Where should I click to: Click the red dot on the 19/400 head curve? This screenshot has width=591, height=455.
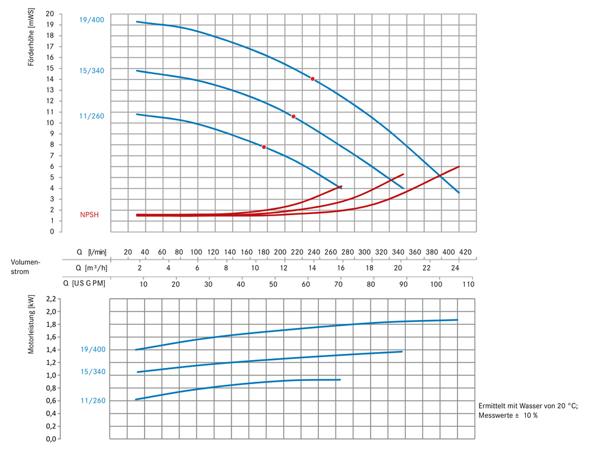pyautogui.click(x=313, y=79)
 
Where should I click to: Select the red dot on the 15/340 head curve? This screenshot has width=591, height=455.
pyautogui.click(x=293, y=117)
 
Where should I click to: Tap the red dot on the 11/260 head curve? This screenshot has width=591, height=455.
pyautogui.click(x=264, y=147)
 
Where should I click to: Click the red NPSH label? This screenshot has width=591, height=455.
pyautogui.click(x=89, y=215)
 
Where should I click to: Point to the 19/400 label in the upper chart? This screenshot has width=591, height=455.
pyautogui.click(x=92, y=20)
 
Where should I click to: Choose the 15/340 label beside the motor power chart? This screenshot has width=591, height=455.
pyautogui.click(x=93, y=372)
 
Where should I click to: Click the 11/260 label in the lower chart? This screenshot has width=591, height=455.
pyautogui.click(x=93, y=401)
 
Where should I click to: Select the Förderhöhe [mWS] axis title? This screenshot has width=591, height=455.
pyautogui.click(x=31, y=37)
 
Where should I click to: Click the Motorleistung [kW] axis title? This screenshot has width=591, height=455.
pyautogui.click(x=31, y=324)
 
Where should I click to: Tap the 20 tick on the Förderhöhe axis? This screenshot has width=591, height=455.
pyautogui.click(x=50, y=14)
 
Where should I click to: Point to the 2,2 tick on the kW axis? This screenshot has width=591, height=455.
pyautogui.click(x=51, y=299)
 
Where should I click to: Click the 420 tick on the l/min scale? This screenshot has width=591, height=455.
pyautogui.click(x=465, y=252)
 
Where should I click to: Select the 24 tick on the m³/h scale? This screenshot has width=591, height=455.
pyautogui.click(x=456, y=268)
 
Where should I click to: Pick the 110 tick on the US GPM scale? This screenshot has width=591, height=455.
pyautogui.click(x=468, y=284)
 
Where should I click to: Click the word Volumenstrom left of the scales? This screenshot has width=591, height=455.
pyautogui.click(x=25, y=266)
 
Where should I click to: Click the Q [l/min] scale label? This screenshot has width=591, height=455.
pyautogui.click(x=92, y=252)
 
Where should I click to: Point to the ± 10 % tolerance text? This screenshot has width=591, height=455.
pyautogui.click(x=525, y=416)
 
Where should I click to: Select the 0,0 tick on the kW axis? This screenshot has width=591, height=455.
pyautogui.click(x=51, y=439)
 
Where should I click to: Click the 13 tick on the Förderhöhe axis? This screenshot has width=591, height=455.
pyautogui.click(x=50, y=90)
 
